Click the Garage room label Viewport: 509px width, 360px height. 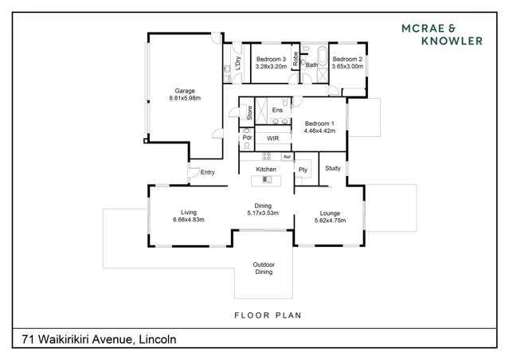pos(184,91)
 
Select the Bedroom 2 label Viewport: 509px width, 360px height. pos(347,60)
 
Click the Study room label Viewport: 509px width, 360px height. pos(333,168)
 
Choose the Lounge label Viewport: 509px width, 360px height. pos(330,213)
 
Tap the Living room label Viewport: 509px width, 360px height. pos(189,213)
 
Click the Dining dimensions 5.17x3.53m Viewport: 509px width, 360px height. pos(263,213)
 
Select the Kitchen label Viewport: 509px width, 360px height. pos(266,170)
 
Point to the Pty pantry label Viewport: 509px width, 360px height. pos(303,170)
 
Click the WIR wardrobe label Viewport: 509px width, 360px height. pos(272,139)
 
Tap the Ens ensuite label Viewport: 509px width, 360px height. pos(277,110)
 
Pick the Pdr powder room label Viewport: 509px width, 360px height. pos(247,138)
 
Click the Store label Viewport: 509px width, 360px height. pos(249,112)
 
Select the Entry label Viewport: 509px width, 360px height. pos(207,172)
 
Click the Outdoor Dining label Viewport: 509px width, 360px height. pos(263,268)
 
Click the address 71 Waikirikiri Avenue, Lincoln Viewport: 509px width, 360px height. pos(94,339)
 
